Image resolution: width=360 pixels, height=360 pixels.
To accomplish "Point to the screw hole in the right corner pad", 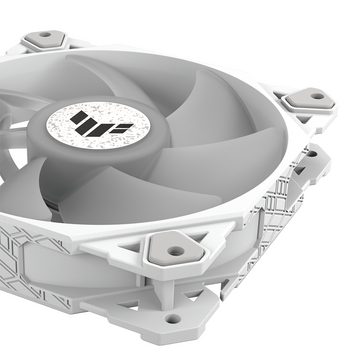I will click(x=317, y=96).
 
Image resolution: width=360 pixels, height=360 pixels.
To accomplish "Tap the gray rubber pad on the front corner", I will click(x=176, y=249).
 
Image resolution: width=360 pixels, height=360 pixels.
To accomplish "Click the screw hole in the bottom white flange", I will click(x=173, y=319).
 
